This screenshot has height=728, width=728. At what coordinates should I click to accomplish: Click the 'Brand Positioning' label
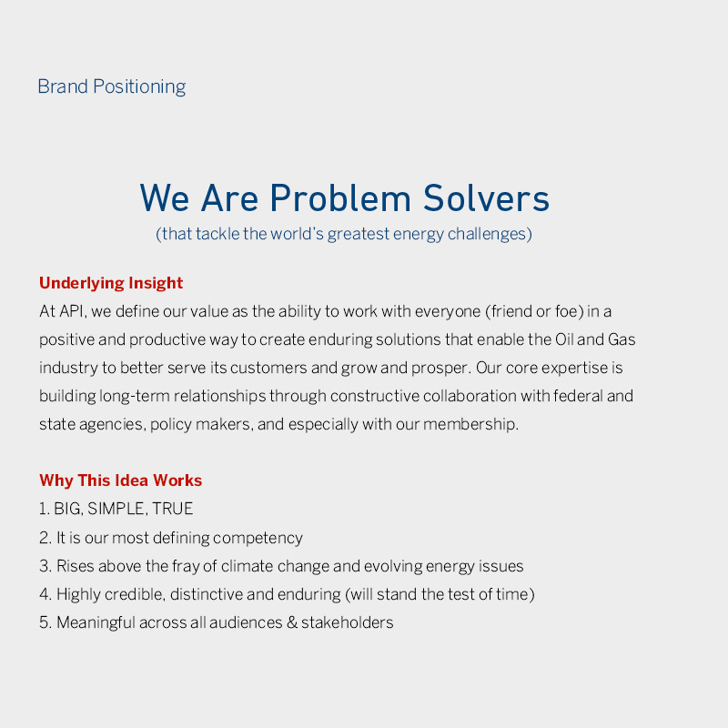(111, 87)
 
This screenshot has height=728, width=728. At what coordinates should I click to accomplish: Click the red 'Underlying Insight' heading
(111, 283)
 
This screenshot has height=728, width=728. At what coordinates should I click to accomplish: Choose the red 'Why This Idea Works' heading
(120, 480)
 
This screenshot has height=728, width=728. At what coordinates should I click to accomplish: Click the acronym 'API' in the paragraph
(72, 311)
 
